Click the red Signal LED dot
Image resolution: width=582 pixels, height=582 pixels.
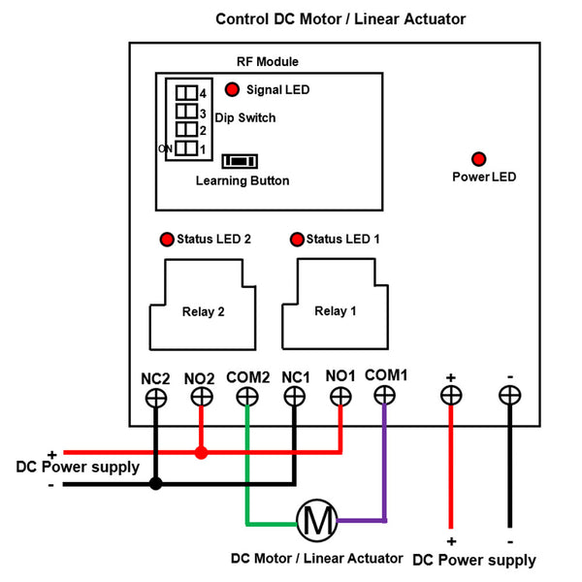tap(233, 90)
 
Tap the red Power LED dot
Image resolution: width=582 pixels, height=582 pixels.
tap(478, 159)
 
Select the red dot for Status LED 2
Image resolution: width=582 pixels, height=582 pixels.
tap(167, 239)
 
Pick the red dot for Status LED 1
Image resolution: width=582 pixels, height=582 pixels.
tap(297, 239)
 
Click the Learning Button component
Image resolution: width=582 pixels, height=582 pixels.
tap(240, 161)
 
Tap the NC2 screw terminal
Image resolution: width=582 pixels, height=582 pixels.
tap(155, 397)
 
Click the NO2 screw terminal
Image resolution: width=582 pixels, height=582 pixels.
tap(201, 397)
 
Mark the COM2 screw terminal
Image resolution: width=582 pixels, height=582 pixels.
tap(247, 397)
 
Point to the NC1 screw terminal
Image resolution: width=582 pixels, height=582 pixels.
tap(294, 397)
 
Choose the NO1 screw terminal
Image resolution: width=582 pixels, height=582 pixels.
tap(340, 396)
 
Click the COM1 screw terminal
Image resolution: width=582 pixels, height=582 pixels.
tap(385, 395)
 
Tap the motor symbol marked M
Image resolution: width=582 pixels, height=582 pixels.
tap(316, 522)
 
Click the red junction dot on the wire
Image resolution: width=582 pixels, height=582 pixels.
tap(201, 452)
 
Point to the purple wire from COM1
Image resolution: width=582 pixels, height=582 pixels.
tap(385, 466)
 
